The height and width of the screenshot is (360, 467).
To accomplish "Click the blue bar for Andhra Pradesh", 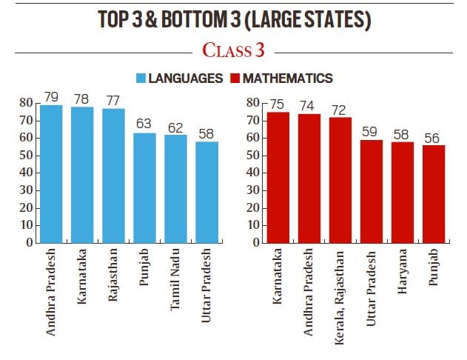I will (51, 173).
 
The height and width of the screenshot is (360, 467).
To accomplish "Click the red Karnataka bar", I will (278, 177).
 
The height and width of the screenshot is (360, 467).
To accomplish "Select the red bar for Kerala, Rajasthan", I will (340, 179).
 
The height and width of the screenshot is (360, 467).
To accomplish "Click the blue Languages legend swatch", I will (140, 78).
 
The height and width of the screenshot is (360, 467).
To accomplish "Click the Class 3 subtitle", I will (233, 50).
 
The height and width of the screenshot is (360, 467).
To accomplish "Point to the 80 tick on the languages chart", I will (26, 103).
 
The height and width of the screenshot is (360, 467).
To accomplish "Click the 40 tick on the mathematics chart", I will (253, 173).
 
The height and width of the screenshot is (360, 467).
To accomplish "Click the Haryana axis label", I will (403, 271).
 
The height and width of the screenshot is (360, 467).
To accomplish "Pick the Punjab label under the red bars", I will (434, 268).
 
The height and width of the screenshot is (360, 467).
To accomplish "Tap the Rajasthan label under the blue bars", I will (113, 274).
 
